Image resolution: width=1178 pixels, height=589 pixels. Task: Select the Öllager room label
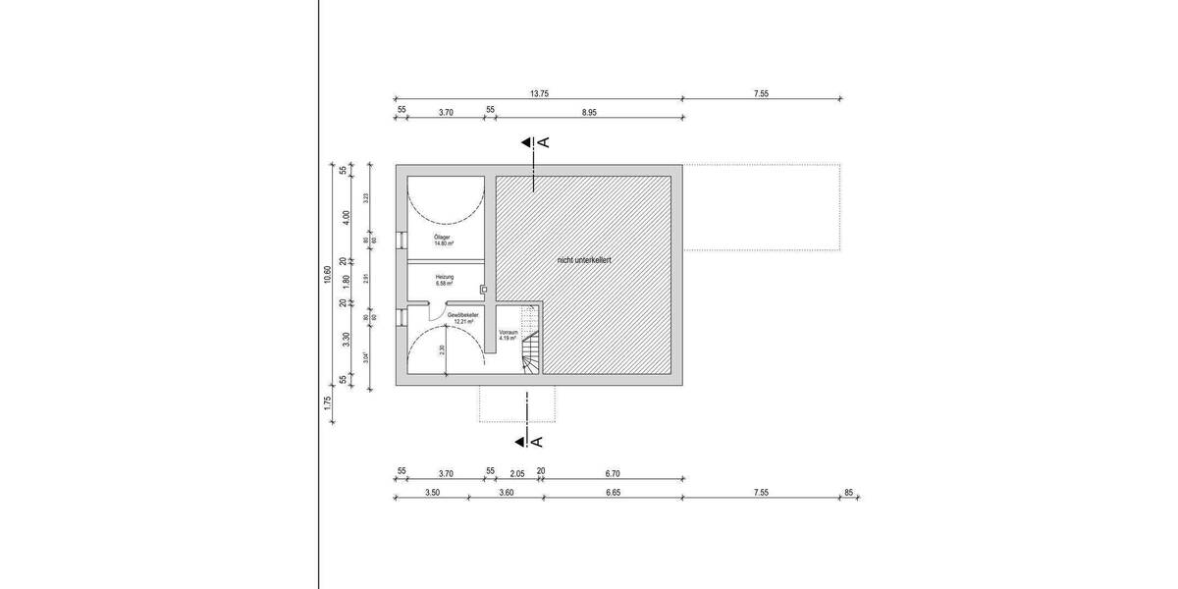443,241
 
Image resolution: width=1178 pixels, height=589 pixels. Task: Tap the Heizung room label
444,280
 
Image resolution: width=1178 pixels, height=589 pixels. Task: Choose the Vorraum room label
508,335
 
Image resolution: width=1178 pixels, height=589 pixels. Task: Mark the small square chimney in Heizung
483,289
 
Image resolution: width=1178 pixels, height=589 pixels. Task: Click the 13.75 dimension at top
538,93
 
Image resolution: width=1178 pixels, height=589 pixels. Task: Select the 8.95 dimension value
589,112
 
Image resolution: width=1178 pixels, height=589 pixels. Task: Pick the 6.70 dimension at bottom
614,472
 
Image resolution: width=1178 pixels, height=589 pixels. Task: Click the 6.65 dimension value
613,492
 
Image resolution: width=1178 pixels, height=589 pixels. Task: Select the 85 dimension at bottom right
850,492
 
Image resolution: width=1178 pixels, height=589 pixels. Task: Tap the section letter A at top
545,142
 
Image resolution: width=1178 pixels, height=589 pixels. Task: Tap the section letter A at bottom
538,441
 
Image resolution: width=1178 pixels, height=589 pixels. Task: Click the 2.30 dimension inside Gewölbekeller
443,349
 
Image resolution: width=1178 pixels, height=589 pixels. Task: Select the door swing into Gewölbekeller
438,311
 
